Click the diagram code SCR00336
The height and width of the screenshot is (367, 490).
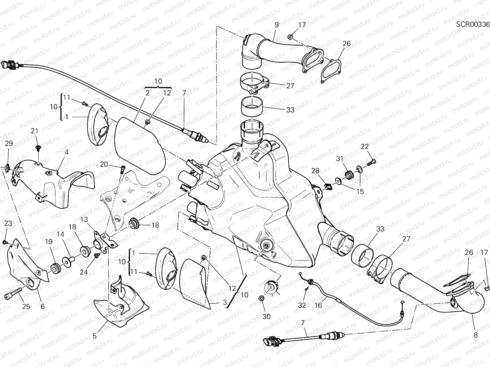tap(473, 24)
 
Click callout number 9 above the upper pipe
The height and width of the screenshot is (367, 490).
tap(276, 25)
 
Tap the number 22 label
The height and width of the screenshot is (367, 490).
tap(364, 146)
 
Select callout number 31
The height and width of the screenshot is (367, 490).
tap(340, 159)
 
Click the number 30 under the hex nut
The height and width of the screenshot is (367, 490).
tap(266, 317)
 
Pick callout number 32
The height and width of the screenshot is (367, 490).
tap(302, 305)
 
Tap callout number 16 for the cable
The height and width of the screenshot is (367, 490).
tap(318, 305)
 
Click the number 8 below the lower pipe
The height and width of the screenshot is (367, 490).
tap(476, 335)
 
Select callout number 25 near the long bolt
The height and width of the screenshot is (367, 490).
tap(26, 306)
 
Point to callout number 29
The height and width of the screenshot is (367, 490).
tap(9, 143)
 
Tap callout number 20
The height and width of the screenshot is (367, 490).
tap(104, 164)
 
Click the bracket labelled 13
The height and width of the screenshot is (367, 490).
tap(106, 239)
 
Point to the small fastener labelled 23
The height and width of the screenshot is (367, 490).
tap(5, 242)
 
